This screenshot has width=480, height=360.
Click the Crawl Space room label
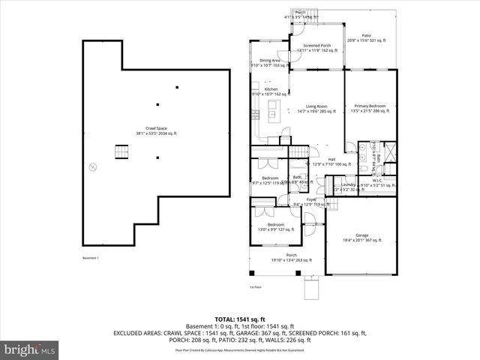pyautogui.click(x=157, y=130)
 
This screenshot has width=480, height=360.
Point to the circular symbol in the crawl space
pyautogui.click(x=92, y=166)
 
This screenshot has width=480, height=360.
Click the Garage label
pyautogui.click(x=362, y=238)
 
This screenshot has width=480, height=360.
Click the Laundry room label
pyautogui.click(x=347, y=184)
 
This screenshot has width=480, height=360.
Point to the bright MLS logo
pyautogui.click(x=29, y=349)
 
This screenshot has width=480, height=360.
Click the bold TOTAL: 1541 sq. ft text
pyautogui.click(x=239, y=319)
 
